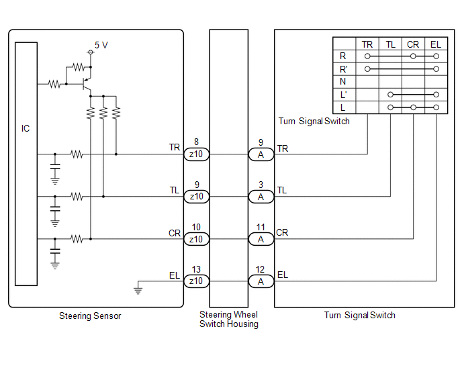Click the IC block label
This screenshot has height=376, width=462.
click(x=26, y=128)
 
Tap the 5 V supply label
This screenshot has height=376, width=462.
click(x=101, y=45)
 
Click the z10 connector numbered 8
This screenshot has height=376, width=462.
click(x=196, y=154)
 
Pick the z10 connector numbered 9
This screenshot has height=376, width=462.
click(x=196, y=197)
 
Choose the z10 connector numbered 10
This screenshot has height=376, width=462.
click(x=196, y=239)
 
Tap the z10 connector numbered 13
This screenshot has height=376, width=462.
click(x=196, y=281)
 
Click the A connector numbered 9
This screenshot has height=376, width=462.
click(x=261, y=154)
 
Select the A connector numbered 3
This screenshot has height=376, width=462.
click(x=261, y=197)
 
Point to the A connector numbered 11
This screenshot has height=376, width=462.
click(x=261, y=239)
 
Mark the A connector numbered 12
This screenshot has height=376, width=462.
click(x=261, y=281)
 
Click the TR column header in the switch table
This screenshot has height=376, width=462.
click(x=367, y=44)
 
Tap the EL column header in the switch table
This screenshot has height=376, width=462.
click(x=436, y=44)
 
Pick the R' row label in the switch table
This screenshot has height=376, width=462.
click(x=344, y=69)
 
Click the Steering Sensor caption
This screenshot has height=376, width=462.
click(x=90, y=316)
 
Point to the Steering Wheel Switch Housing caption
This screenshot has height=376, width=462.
click(x=228, y=320)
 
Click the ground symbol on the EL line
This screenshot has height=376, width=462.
click(x=137, y=290)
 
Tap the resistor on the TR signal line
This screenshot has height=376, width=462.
click(x=77, y=154)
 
